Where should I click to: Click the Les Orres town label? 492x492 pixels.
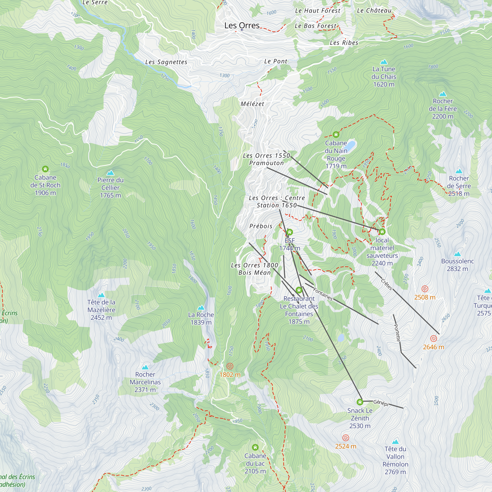click(x=242, y=26)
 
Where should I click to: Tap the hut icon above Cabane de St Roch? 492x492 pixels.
click(x=45, y=169)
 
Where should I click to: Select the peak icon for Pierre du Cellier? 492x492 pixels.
click(x=110, y=173)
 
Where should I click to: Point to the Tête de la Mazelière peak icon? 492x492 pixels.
click(x=101, y=295)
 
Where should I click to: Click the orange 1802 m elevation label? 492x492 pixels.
click(x=230, y=375)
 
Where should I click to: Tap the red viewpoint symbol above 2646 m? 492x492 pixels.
click(x=433, y=338)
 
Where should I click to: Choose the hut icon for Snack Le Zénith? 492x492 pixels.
click(x=360, y=402)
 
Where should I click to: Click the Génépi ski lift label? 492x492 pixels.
click(x=381, y=403)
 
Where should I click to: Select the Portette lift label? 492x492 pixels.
click(x=397, y=333)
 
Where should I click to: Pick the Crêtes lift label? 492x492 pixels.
click(x=386, y=284)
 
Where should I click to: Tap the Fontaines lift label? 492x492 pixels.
click(x=323, y=294)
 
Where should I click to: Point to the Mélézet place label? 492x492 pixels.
click(x=252, y=104)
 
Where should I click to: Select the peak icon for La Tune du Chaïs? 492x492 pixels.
click(x=384, y=62)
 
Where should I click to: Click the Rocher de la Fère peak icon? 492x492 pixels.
click(x=443, y=94)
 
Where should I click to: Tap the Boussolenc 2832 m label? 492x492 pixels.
click(x=457, y=265)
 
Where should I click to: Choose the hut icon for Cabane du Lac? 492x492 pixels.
click(x=255, y=447)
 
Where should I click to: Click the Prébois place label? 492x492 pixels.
click(x=261, y=226)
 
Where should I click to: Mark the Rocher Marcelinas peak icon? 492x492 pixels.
click(x=145, y=367)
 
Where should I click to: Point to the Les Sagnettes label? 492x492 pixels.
click(x=166, y=62)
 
